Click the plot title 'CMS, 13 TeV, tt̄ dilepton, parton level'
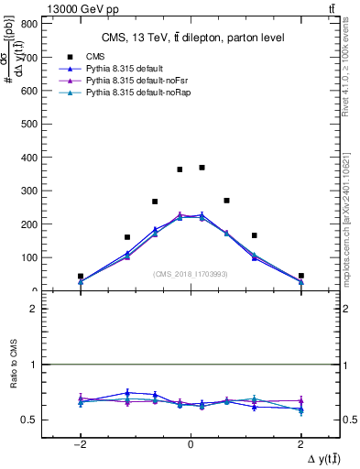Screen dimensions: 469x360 191,37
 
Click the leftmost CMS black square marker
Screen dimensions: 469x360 81,276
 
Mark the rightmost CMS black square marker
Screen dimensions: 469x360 300,276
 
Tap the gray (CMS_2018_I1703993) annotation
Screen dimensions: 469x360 190,274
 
